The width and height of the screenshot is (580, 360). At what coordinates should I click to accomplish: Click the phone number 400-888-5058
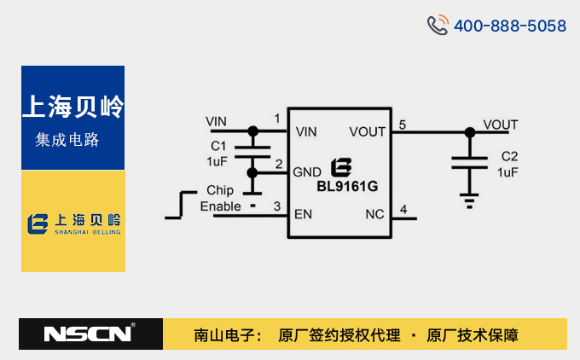pyautogui.click(x=509, y=26)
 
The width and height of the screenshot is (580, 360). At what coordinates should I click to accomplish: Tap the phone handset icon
pyautogui.click(x=438, y=25)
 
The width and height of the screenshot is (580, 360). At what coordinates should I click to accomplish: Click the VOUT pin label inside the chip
pyautogui.click(x=368, y=131)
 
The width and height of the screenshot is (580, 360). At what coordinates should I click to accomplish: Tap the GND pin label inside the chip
pyautogui.click(x=307, y=171)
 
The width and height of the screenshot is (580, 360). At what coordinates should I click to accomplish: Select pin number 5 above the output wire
pyautogui.click(x=402, y=125)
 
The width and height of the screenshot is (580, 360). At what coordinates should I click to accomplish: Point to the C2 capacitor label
pyautogui.click(x=509, y=157)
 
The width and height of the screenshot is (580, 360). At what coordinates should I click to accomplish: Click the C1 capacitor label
pyautogui.click(x=218, y=146)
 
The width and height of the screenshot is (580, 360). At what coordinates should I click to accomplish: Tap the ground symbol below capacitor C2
pyautogui.click(x=468, y=200)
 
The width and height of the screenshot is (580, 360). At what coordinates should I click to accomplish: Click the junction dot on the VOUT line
pyautogui.click(x=468, y=132)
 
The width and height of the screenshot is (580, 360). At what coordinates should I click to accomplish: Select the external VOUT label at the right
pyautogui.click(x=500, y=125)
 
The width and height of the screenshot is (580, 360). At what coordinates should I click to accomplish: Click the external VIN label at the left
pyautogui.click(x=217, y=121)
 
